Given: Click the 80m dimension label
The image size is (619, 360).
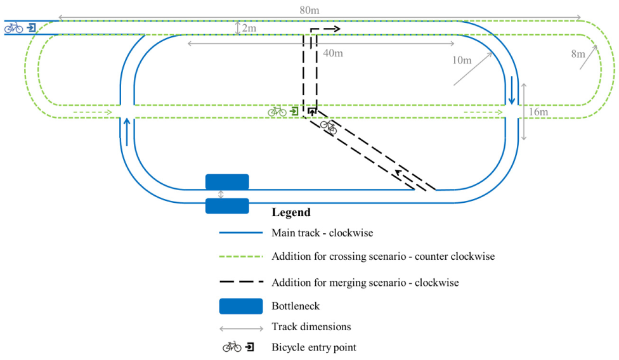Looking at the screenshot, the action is pyautogui.click(x=309, y=10).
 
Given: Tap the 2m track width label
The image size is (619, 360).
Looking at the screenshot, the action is pyautogui.click(x=249, y=28).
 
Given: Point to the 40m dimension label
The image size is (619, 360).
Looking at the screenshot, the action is pyautogui.click(x=333, y=53).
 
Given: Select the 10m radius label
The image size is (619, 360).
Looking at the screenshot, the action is pyautogui.click(x=462, y=60).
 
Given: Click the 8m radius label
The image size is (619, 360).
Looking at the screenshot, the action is pyautogui.click(x=578, y=54).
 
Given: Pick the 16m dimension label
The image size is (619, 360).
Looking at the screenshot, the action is pyautogui.click(x=538, y=112).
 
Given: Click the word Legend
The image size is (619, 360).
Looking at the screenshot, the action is pyautogui.click(x=291, y=212).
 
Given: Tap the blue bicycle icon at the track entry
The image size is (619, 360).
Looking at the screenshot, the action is pyautogui.click(x=13, y=28).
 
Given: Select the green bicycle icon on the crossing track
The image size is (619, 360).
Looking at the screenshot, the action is pyautogui.click(x=277, y=111).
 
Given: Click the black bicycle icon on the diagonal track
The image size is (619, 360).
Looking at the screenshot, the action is pyautogui.click(x=329, y=127).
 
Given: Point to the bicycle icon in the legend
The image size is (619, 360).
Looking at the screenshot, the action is pyautogui.click(x=231, y=347).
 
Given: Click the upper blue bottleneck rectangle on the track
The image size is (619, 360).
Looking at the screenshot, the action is pyautogui.click(x=227, y=182).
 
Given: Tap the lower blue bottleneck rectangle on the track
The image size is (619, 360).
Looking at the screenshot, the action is pyautogui.click(x=227, y=206).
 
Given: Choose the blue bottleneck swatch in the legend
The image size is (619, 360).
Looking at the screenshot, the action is pyautogui.click(x=241, y=306).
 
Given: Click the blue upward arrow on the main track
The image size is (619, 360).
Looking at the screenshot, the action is pyautogui.click(x=127, y=132).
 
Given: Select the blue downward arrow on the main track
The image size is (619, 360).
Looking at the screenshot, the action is pyautogui.click(x=512, y=90).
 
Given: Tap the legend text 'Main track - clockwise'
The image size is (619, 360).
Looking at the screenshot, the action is pyautogui.click(x=322, y=233).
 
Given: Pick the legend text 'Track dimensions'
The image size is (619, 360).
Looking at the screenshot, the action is pyautogui.click(x=311, y=326).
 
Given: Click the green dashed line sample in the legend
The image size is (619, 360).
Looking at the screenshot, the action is pyautogui.click(x=241, y=257).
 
